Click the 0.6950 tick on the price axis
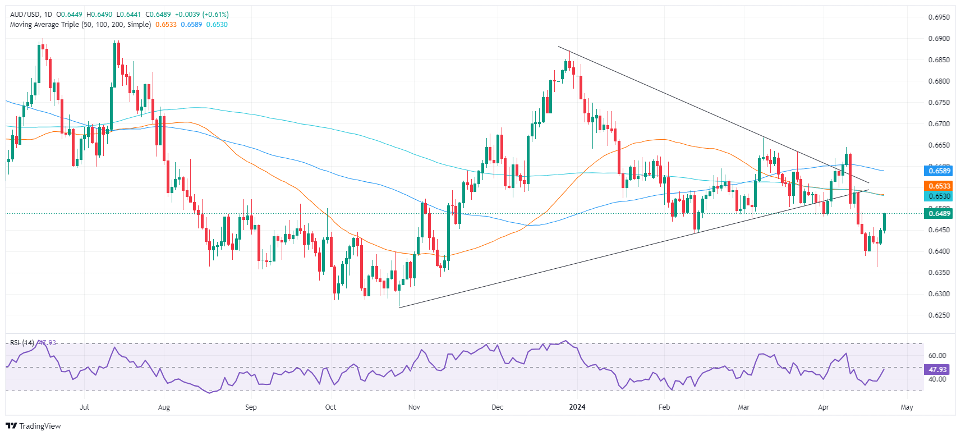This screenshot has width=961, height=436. coord(939,17)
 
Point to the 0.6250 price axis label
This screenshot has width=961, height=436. coord(939,315)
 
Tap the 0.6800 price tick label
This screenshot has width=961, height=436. coord(939,81)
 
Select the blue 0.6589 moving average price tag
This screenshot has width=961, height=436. coord(939,171)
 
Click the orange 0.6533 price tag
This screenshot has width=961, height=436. coord(939,186)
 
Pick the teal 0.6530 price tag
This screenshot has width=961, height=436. coord(939,196)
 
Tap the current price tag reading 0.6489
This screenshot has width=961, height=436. coord(939,213)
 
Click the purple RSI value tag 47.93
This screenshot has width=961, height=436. coord(937,370)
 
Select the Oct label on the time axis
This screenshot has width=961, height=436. coord(330,407)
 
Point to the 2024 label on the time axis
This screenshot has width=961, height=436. coord(577,407)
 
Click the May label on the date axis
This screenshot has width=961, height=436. coord(907,407)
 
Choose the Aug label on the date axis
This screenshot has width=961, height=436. coord(164,407)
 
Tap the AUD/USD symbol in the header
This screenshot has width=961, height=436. coord(25,15)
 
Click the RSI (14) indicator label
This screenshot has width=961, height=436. coord(22,343)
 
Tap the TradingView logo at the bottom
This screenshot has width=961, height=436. coord(34,426)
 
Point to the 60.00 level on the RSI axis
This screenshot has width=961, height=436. coord(937,356)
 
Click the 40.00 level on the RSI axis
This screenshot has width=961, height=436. coord(937,379)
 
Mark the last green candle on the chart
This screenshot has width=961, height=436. coord(884,222)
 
